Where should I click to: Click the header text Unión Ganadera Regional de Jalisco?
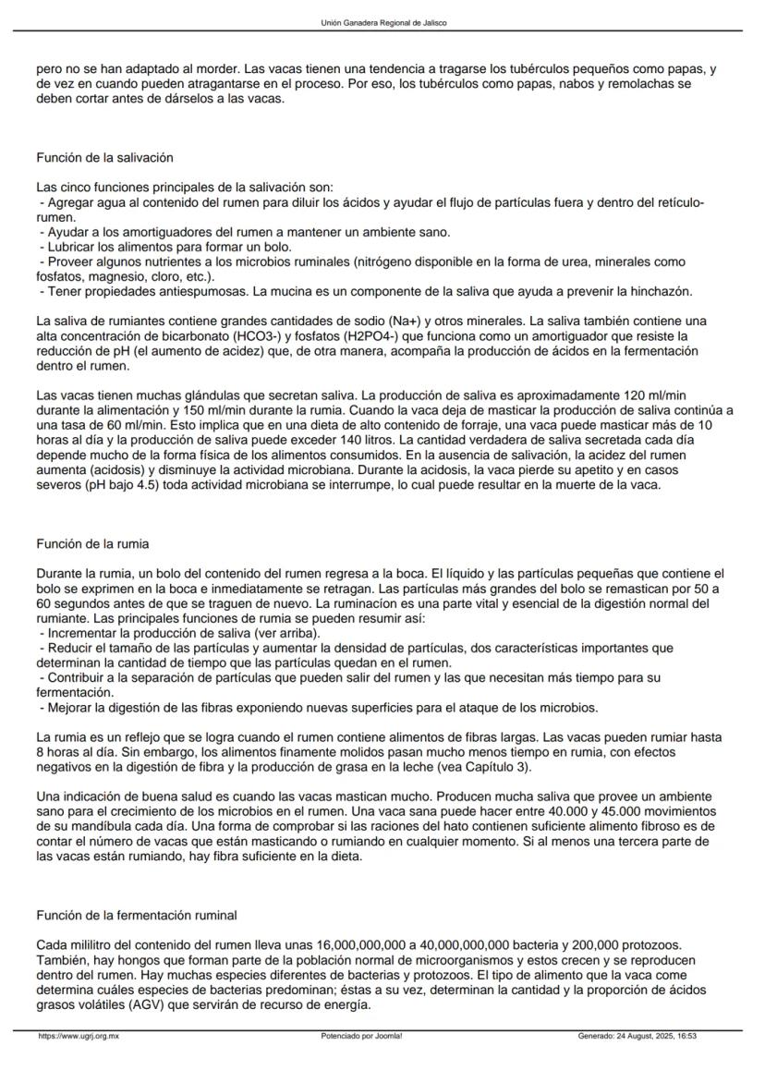coord(382,22)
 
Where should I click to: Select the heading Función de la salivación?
coord(104,158)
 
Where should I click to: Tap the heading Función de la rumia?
coord(92,543)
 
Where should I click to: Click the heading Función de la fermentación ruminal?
coord(136,915)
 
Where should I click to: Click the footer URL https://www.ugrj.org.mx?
coord(79,1037)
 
